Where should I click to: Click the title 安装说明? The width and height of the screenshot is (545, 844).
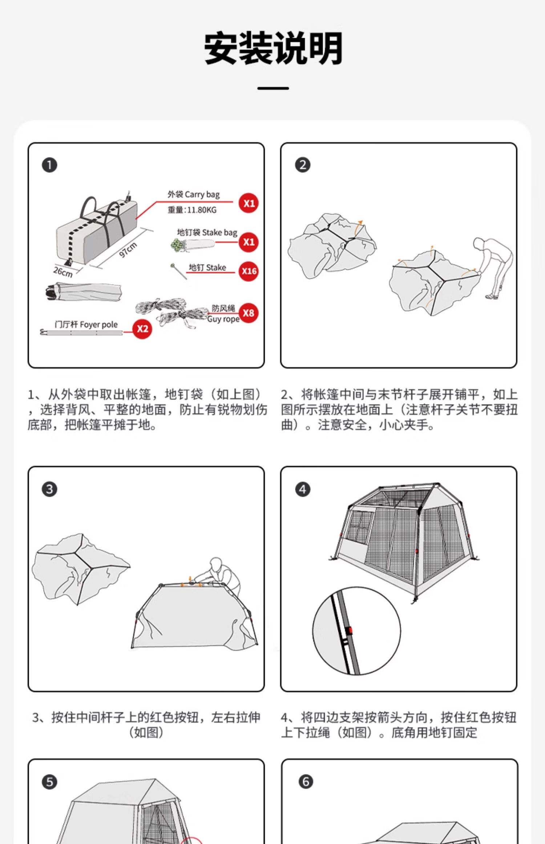(x=273, y=48)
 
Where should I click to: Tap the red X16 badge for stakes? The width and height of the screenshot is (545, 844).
(x=249, y=271)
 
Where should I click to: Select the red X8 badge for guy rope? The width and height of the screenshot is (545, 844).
(x=249, y=313)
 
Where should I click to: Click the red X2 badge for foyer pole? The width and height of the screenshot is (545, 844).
(x=142, y=329)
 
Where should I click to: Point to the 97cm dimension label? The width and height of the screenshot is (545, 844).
(x=128, y=249)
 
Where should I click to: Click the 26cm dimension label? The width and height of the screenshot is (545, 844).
(x=63, y=272)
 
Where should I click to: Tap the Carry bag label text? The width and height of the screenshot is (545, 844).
(x=194, y=194)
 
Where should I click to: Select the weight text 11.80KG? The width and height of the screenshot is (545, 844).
(x=192, y=210)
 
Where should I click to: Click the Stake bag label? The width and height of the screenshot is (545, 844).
(x=207, y=232)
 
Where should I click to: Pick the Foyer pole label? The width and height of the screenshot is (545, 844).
(x=86, y=325)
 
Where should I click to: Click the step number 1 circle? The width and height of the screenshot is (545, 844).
(x=49, y=165)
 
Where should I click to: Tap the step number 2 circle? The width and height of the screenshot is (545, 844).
(x=303, y=165)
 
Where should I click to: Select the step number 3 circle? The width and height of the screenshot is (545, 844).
(x=49, y=489)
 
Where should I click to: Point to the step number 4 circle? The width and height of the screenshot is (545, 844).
(x=303, y=489)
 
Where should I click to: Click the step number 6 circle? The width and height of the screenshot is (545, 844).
(x=305, y=781)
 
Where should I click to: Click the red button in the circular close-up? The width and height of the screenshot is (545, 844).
(x=350, y=630)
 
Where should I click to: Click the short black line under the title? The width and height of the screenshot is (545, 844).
(x=273, y=88)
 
